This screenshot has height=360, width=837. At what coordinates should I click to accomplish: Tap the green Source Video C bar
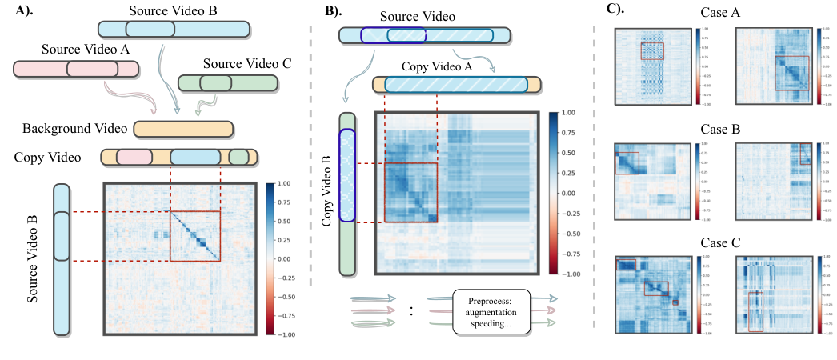(x=228, y=82)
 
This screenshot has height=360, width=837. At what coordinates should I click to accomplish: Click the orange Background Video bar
(x=183, y=129)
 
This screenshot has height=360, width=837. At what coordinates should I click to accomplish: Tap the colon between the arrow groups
(x=411, y=311)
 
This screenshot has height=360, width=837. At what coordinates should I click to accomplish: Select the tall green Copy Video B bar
(x=346, y=194)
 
